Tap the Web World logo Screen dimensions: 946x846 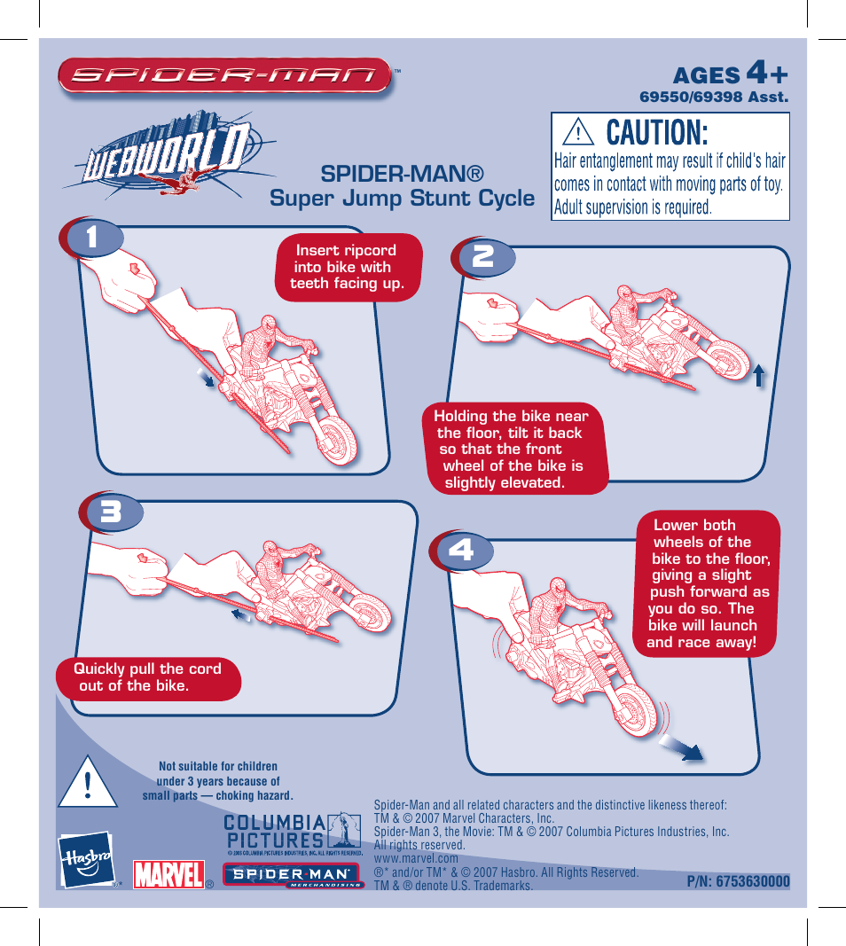[x=164, y=160]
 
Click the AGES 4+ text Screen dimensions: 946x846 [x=730, y=74]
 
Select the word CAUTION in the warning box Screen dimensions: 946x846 [x=657, y=133]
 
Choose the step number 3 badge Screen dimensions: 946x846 [x=110, y=513]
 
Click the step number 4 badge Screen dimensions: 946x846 [x=460, y=551]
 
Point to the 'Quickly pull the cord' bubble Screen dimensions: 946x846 [x=147, y=677]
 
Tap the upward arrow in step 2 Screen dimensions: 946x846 [x=759, y=376]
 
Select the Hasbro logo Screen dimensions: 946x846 [x=86, y=860]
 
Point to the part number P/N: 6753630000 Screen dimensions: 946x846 [x=738, y=881]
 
